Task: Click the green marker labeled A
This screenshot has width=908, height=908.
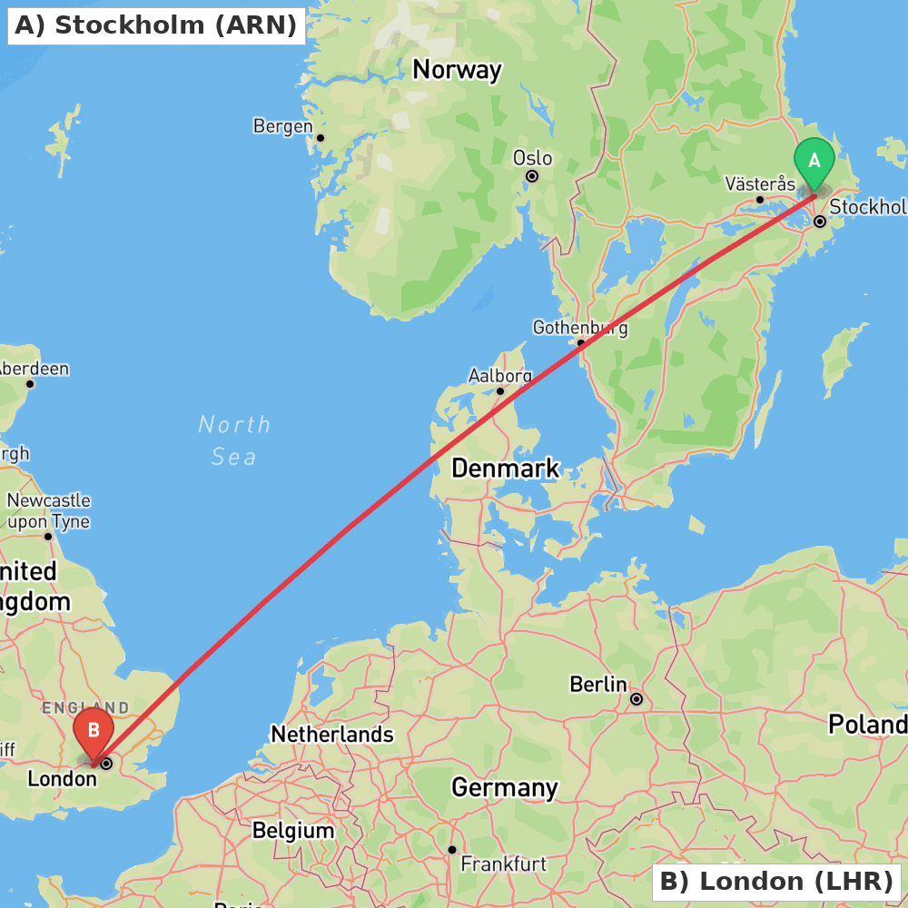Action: (x=814, y=162)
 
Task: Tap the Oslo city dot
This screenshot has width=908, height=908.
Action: (x=532, y=176)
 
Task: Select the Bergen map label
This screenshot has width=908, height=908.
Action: (x=282, y=126)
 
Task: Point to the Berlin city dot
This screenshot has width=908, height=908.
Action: (x=637, y=699)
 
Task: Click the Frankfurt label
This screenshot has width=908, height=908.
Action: (x=504, y=864)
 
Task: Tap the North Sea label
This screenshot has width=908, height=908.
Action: (x=234, y=440)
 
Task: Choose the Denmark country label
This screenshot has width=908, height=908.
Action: (x=505, y=469)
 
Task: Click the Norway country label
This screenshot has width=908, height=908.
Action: (x=457, y=70)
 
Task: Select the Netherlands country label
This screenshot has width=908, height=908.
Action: (x=332, y=734)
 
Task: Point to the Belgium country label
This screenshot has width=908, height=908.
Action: (x=293, y=830)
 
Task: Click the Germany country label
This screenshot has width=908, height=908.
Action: (x=504, y=787)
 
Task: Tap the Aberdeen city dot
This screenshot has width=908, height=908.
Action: (x=30, y=384)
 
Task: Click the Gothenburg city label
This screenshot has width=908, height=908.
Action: (x=579, y=328)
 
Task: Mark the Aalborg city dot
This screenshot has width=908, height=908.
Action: (x=500, y=391)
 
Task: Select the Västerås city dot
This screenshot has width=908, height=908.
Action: (x=760, y=200)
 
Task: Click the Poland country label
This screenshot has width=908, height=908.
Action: (x=866, y=725)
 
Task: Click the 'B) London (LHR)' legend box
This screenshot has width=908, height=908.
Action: (x=776, y=882)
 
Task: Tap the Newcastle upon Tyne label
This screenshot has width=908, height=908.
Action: (x=49, y=511)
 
